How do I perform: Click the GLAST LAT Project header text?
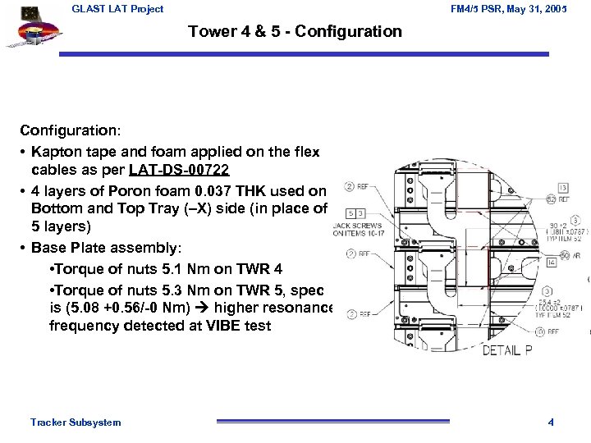pyautogui.click(x=117, y=9)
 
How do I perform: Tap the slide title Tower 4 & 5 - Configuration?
pyautogui.click(x=295, y=32)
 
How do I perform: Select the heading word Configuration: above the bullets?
pyautogui.click(x=71, y=130)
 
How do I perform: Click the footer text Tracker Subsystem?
pyautogui.click(x=76, y=422)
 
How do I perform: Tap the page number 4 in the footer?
pyautogui.click(x=551, y=422)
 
